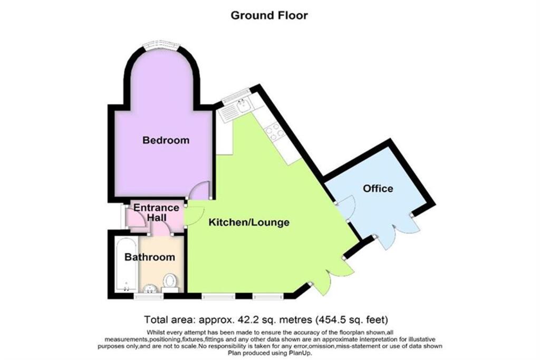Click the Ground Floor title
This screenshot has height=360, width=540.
click(x=269, y=15)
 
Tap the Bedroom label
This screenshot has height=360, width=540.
click(x=166, y=141)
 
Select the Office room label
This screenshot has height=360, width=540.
click(x=378, y=188)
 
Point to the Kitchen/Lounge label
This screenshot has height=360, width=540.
click(x=249, y=222)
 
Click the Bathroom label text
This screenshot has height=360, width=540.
click(x=149, y=257)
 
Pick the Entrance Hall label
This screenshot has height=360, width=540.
click(x=156, y=212)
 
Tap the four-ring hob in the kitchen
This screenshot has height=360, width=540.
click(x=276, y=131)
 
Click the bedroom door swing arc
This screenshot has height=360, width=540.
click(x=200, y=190)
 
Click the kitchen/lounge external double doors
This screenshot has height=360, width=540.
click(x=333, y=274)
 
